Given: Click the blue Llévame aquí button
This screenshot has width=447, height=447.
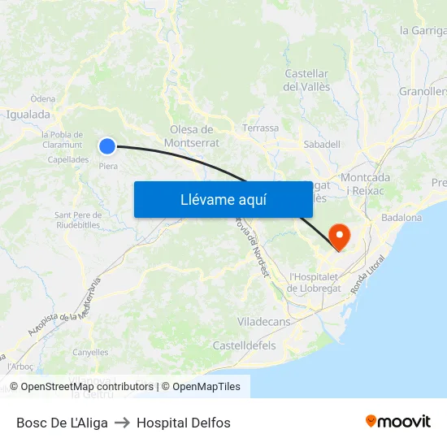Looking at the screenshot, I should tap(223, 199).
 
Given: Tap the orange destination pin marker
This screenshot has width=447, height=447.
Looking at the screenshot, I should tap(338, 236).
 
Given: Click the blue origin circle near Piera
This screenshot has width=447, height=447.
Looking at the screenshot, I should tap(107, 146).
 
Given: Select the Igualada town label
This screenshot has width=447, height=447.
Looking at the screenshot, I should tap(28, 115).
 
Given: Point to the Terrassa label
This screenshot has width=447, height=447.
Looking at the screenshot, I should tap(260, 128).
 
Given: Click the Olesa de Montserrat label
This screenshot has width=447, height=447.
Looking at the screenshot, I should tap(191, 136).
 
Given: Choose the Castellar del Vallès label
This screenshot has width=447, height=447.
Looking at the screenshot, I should tap(306, 80).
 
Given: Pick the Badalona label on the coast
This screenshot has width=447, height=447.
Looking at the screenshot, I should tap(401, 217).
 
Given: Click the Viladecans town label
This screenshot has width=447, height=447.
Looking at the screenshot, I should tap(263, 322).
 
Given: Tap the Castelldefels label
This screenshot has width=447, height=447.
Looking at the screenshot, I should tap(244, 345).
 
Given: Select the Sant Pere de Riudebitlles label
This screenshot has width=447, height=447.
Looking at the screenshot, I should tap(77, 219).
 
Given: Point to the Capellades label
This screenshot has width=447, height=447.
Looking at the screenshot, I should tap(68, 159).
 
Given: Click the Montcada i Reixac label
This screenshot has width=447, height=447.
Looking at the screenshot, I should tap(366, 183).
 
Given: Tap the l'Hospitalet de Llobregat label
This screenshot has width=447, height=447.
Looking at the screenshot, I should tap(318, 283).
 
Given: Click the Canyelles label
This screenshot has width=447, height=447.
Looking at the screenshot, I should tap(90, 353).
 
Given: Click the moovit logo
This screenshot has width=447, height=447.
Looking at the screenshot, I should tap(398, 422).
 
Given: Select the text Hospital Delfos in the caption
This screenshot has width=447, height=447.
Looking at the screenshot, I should tap(184, 423).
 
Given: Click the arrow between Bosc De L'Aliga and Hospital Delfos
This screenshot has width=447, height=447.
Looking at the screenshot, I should tap(122, 423).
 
